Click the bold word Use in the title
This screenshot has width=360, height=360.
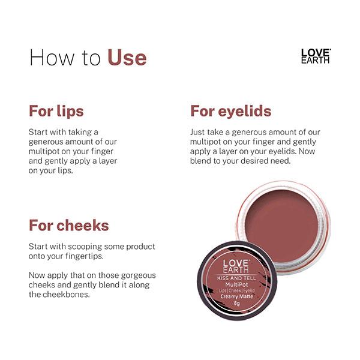(127, 58)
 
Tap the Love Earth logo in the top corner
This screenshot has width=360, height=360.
(316, 56)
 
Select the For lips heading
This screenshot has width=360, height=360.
(56, 112)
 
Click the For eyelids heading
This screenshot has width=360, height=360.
(230, 111)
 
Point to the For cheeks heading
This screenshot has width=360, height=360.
(69, 226)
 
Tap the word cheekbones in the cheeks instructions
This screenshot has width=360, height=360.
(68, 295)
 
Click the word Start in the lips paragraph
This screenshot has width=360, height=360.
(40, 131)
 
